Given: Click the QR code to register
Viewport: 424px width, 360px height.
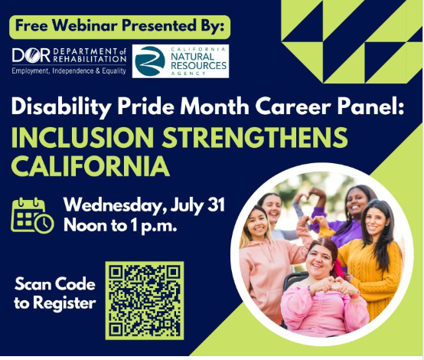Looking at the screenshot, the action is click(145, 300).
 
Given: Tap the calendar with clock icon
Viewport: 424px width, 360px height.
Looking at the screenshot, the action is click(32, 215).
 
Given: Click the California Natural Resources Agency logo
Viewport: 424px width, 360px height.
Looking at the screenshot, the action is click(181, 61).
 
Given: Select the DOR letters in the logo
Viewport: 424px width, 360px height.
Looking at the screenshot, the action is click(31, 55).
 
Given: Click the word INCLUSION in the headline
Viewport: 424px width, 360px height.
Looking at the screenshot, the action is click(83, 137).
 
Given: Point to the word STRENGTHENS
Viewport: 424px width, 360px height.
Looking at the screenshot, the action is click(256, 137).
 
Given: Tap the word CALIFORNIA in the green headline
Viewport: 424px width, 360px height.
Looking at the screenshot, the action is click(90, 165).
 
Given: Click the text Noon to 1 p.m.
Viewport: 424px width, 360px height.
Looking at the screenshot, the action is click(120, 225).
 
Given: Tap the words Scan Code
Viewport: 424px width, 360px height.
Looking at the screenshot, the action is click(55, 284).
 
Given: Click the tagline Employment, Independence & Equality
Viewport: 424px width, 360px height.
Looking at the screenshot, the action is click(69, 71).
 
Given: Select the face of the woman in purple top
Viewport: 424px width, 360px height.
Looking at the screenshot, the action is click(357, 203).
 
